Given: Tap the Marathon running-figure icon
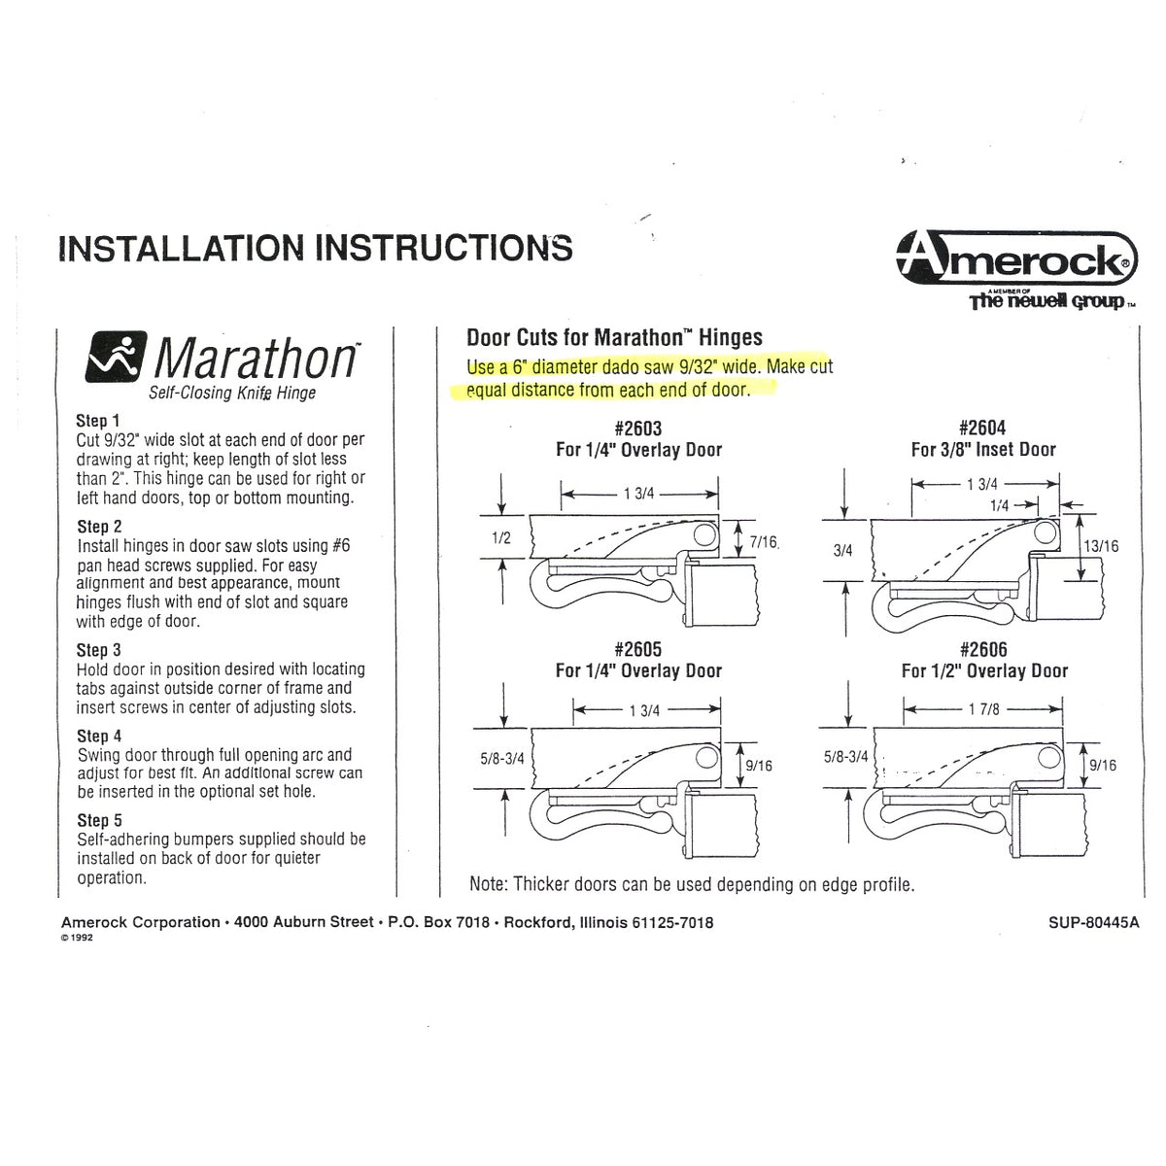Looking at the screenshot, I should pos(118,356).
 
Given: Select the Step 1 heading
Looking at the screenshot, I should pos(98,422).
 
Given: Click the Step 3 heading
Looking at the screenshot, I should pos(98,650).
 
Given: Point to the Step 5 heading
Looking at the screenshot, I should pos(98,821).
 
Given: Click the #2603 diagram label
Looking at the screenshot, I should pos(637,429).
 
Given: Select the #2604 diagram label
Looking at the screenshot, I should pos(982,429).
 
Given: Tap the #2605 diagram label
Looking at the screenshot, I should pos(637,649).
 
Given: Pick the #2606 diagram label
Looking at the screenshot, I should pos(982,649).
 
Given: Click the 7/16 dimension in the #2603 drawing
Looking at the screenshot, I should pos(765,542).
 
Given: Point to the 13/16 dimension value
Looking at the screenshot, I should pos(1101,546).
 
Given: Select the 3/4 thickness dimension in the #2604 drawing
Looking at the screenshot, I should pos(842,550).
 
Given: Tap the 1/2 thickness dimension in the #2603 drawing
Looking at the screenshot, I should pos(500,537).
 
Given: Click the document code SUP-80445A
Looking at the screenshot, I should pos(1094,923).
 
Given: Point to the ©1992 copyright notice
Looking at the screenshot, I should pos(77,940).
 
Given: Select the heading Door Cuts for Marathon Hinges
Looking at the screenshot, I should pos(614,338).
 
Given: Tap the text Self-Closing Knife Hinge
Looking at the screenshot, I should pos(231,394).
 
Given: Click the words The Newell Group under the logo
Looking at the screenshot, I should pos(1046,302).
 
